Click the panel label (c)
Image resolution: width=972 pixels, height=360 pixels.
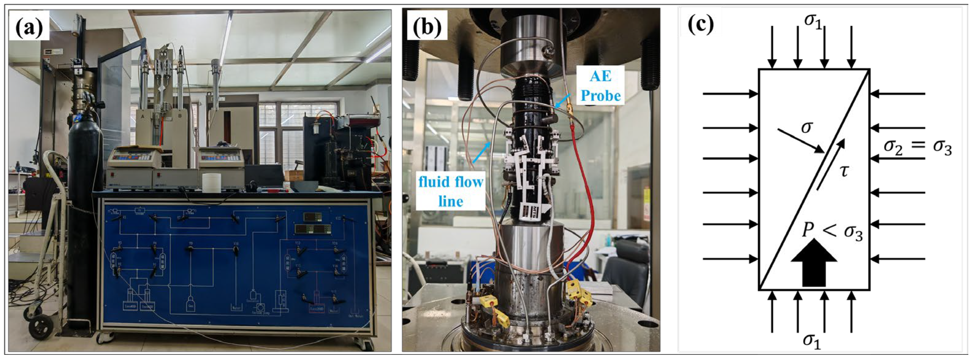701,25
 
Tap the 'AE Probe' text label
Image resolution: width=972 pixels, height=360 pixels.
600,86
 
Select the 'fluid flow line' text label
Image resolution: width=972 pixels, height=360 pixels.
450,192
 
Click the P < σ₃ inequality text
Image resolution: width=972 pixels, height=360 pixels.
832,229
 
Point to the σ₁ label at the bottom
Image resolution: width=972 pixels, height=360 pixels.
812,340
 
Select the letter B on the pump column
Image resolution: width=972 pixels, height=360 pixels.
180,117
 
